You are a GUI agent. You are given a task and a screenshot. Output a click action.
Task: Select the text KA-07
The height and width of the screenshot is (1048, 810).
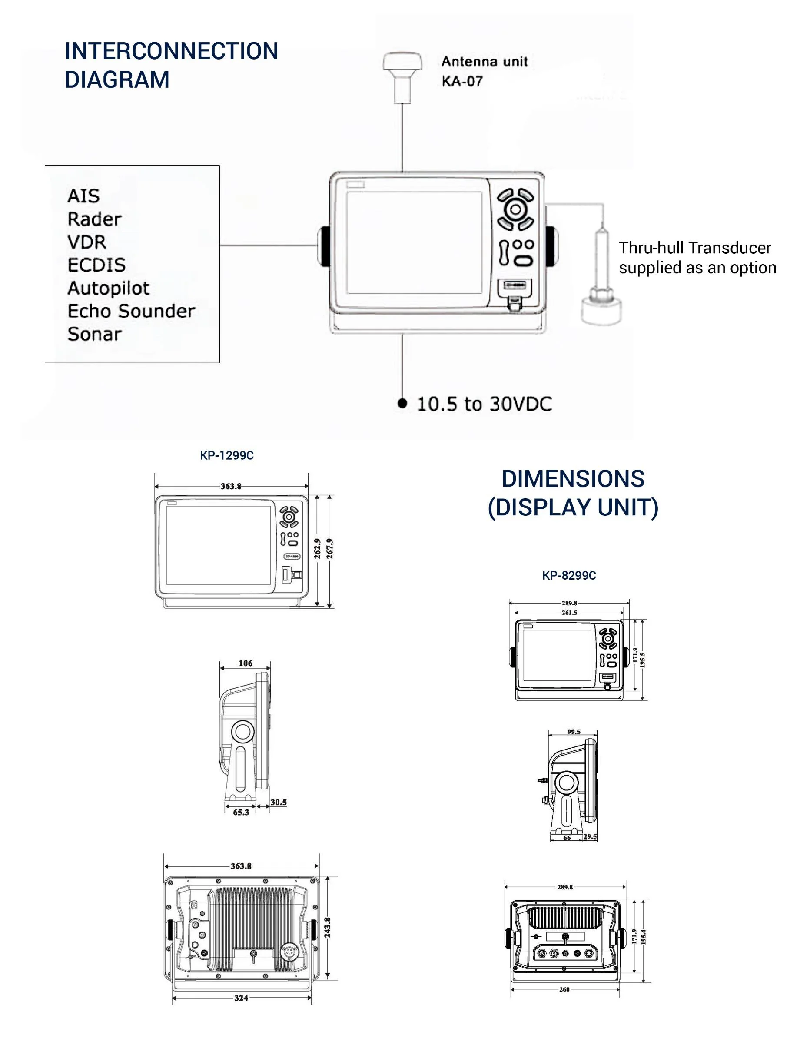click(x=461, y=82)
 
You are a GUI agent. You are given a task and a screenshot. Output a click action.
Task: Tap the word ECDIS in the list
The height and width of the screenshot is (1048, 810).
click(x=96, y=265)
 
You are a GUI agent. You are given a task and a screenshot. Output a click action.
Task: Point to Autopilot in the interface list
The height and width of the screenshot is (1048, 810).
click(x=109, y=288)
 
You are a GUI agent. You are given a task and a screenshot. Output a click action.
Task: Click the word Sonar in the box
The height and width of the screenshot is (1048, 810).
click(x=95, y=334)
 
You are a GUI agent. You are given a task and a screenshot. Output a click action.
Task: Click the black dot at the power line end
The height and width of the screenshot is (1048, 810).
click(x=402, y=403)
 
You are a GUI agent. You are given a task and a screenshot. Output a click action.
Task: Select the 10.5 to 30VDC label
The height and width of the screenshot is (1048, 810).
click(x=484, y=404)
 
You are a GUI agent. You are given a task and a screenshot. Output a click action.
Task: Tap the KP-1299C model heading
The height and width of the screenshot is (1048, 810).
click(x=226, y=455)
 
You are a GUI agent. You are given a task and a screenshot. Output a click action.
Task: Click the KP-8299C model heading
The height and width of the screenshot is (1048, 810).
click(x=569, y=575)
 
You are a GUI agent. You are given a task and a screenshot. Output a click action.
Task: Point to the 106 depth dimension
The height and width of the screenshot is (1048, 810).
click(x=245, y=663)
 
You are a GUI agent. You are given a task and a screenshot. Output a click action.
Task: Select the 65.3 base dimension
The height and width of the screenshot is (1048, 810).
click(x=241, y=813)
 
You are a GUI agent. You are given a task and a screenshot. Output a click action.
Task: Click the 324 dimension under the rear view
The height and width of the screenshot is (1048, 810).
click(x=241, y=998)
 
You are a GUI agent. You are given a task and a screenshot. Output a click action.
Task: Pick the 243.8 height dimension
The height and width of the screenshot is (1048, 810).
click(x=327, y=928)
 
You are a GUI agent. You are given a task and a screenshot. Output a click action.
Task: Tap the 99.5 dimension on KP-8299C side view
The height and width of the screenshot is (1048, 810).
click(x=574, y=732)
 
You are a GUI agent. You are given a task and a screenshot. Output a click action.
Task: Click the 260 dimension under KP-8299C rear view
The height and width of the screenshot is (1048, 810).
click(x=564, y=989)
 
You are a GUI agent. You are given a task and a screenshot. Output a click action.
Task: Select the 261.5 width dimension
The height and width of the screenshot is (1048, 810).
click(x=569, y=613)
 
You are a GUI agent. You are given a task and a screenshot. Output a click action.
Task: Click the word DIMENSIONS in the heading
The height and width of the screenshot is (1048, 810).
click(x=573, y=479)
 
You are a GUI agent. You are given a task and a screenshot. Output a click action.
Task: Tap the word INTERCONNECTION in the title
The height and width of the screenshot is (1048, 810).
click(x=171, y=51)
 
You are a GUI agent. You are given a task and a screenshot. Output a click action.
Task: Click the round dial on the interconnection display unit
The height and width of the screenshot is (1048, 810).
click(x=515, y=209)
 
